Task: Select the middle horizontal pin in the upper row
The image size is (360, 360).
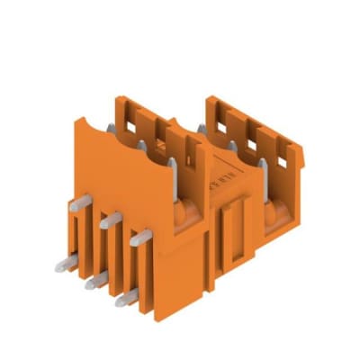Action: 112,219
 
